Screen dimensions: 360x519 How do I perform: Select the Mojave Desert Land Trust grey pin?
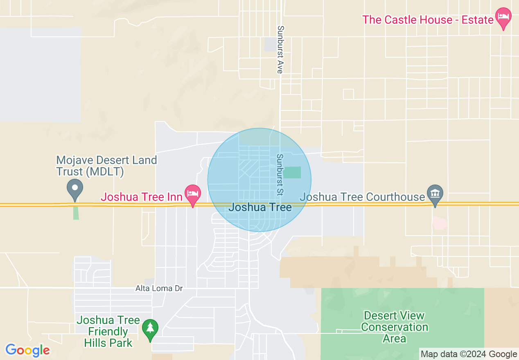[75, 189]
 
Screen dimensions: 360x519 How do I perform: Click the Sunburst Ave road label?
[280, 49]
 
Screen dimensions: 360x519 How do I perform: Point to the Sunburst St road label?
[280, 174]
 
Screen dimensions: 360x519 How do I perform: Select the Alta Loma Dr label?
[159, 288]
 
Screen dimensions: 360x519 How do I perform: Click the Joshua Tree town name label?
[260, 207]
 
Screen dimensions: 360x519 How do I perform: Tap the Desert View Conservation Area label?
[395, 327]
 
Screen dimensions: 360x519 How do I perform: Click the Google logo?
[27, 350]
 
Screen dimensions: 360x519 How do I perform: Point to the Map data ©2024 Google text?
[469, 354]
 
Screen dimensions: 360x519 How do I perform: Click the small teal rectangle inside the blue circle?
[291, 172]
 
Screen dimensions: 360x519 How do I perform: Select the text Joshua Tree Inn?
[141, 197]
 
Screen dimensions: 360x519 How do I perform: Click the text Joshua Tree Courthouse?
[362, 197]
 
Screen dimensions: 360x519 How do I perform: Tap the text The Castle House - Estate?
[428, 20]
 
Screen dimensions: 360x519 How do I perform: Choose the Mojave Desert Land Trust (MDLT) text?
[106, 166]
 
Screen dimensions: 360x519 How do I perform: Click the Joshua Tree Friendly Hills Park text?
[108, 331]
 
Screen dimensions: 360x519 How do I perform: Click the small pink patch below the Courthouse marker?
[439, 223]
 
